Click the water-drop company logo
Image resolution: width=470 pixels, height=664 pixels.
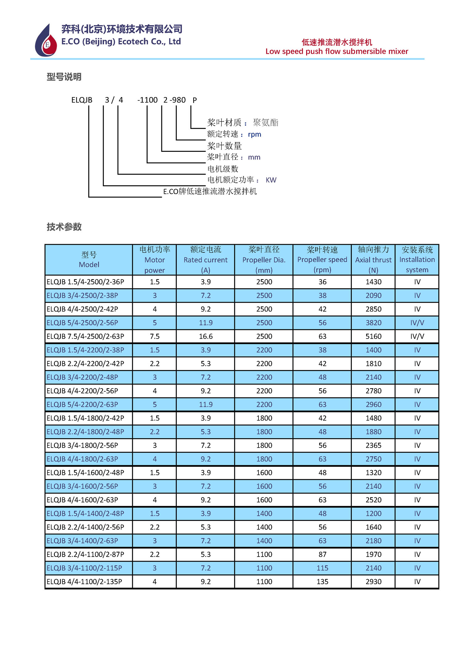[46, 41]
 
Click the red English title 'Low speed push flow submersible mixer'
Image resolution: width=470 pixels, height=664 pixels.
[337, 51]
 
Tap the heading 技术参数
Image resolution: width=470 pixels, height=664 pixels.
[64, 227]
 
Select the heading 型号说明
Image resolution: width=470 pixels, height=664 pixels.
[64, 77]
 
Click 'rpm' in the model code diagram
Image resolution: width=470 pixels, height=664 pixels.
[254, 134]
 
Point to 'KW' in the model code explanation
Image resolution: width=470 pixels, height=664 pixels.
[271, 180]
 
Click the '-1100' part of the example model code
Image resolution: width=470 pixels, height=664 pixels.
[147, 100]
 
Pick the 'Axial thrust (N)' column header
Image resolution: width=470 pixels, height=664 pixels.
[373, 260]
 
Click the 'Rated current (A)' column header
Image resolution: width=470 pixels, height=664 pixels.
[206, 260]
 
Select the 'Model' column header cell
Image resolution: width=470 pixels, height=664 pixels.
[89, 260]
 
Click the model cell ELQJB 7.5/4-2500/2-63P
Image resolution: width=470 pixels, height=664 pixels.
[85, 336]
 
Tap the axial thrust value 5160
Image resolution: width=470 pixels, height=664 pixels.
[373, 336]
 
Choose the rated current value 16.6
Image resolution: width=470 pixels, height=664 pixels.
[206, 336]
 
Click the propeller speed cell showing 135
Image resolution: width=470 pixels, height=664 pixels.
[322, 581]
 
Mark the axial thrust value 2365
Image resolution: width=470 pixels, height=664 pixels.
[373, 445]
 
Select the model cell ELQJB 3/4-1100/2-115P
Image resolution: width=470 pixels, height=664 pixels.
[84, 568]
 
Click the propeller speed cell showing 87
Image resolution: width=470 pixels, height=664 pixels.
[322, 554]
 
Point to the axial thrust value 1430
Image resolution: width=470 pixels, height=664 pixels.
[373, 282]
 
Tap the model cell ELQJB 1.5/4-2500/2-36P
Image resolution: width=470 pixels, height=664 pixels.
[85, 282]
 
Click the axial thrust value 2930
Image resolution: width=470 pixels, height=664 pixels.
[373, 581]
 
